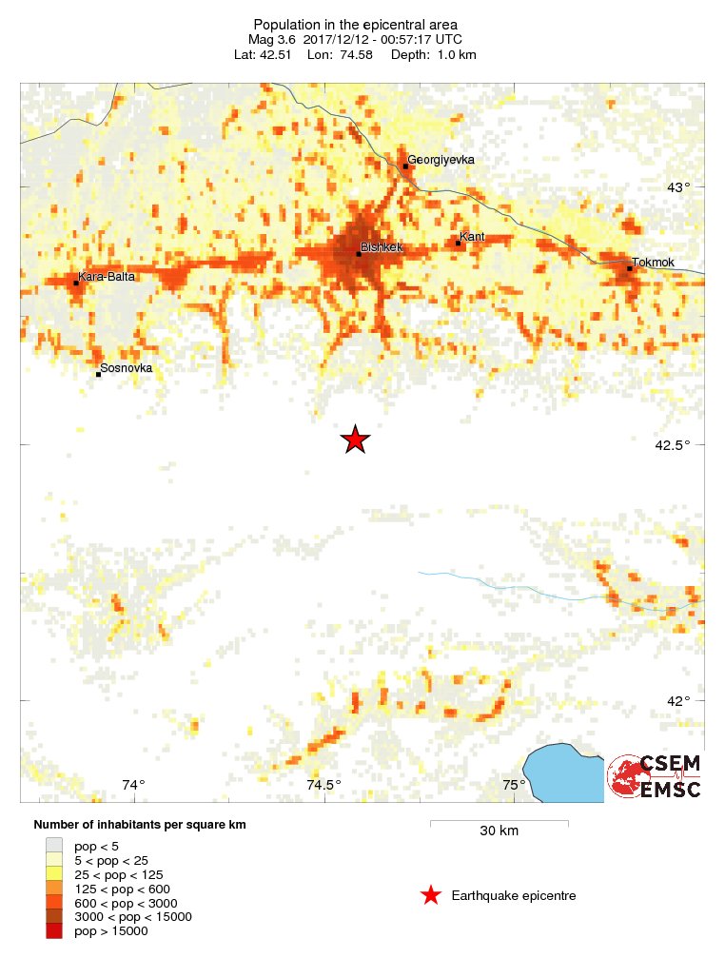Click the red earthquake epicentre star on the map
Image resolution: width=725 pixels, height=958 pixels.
(x=355, y=440)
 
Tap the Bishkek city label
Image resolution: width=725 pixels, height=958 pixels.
(x=382, y=247)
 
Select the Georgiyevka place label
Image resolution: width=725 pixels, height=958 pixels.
(x=441, y=160)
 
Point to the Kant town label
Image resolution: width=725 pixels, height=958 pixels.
(x=472, y=236)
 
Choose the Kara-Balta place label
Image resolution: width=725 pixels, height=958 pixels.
(x=107, y=277)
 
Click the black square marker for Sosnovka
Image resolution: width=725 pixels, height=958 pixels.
(x=98, y=375)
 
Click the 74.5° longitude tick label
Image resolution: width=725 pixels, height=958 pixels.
(x=323, y=785)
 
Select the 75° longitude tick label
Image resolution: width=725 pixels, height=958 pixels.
(x=514, y=785)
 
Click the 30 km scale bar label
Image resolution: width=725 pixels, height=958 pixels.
(x=499, y=831)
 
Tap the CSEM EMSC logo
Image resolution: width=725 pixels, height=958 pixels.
(x=656, y=776)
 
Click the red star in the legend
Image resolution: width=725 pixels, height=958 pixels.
(x=431, y=895)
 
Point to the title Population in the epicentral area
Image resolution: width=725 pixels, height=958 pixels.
(x=355, y=24)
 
